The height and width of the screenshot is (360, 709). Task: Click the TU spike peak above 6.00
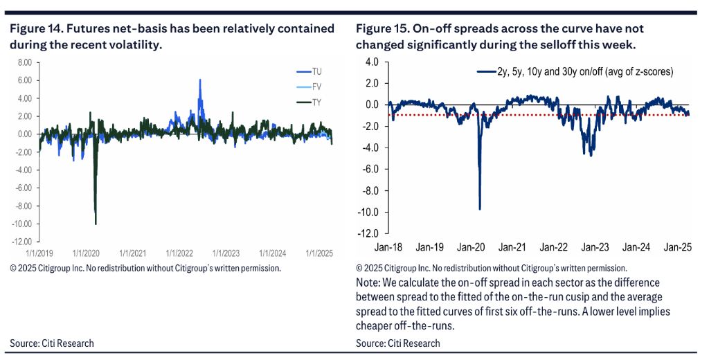(x=200, y=80)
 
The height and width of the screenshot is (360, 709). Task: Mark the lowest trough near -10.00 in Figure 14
(x=96, y=224)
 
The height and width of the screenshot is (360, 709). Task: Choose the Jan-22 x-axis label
(x=553, y=246)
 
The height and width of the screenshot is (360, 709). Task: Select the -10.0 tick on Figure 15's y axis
(x=368, y=211)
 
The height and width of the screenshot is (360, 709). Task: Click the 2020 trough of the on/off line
(x=479, y=208)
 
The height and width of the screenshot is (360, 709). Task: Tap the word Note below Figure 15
(x=368, y=282)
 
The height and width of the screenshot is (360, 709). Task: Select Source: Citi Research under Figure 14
(x=51, y=343)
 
